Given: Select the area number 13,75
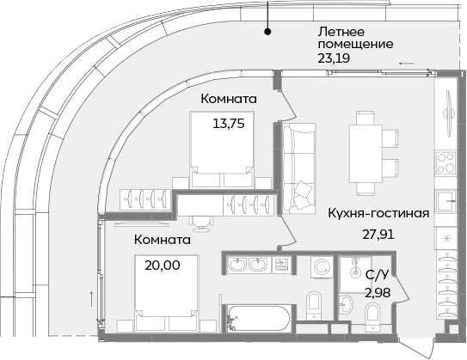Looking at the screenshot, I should (x=229, y=123).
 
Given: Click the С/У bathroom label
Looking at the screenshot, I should (x=376, y=276).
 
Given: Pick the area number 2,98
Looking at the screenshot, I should (x=376, y=293).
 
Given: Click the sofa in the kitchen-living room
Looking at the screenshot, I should (x=298, y=162).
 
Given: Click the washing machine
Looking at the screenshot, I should (x=320, y=267).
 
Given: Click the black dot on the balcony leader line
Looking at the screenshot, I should (x=268, y=32).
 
